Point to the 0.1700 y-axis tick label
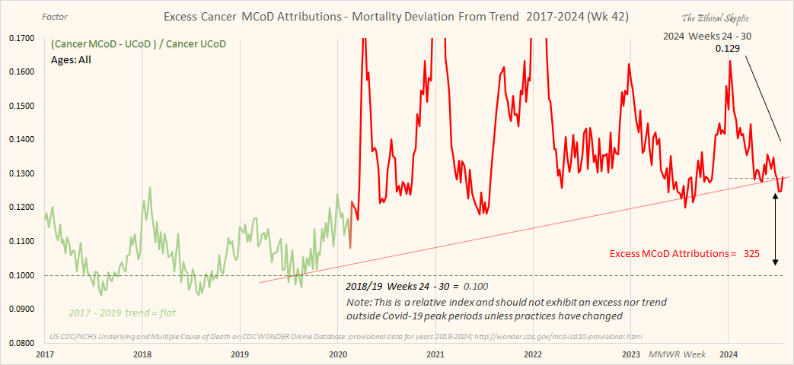pyautogui.click(x=24, y=37)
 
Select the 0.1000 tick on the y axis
pyautogui.click(x=24, y=275)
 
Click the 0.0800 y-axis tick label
pyautogui.click(x=24, y=343)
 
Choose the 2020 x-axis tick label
pyautogui.click(x=338, y=355)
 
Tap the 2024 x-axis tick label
pyautogui.click(x=729, y=355)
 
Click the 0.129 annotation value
pyautogui.click(x=728, y=49)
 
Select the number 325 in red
pyautogui.click(x=751, y=253)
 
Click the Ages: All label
pyautogui.click(x=72, y=59)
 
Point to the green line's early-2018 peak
pyautogui.click(x=149, y=187)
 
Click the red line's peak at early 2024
pyautogui.click(x=730, y=61)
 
